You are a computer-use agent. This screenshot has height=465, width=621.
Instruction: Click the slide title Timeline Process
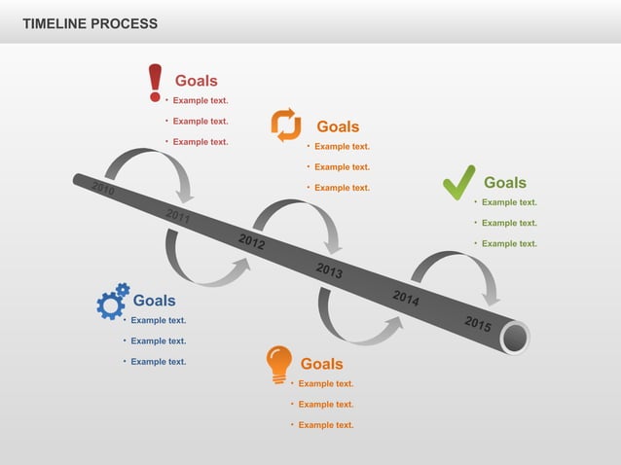click(90, 23)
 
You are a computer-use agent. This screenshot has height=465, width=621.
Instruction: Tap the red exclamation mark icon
click(155, 83)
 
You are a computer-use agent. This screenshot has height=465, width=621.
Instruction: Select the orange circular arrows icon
click(286, 125)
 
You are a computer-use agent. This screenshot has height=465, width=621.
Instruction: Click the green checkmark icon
click(458, 183)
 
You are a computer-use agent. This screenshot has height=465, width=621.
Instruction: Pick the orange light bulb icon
click(279, 365)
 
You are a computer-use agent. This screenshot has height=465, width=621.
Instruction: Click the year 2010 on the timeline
click(104, 189)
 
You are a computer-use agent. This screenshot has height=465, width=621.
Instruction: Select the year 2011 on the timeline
click(178, 216)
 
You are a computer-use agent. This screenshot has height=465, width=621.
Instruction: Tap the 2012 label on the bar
click(252, 242)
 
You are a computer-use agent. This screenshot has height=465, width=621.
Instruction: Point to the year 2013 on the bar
click(329, 270)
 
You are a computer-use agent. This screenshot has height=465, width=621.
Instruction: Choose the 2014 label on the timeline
click(406, 298)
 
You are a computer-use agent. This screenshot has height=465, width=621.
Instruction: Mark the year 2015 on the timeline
click(477, 324)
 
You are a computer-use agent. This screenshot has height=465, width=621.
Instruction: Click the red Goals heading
click(196, 81)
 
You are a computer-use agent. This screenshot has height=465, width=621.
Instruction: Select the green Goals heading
click(505, 183)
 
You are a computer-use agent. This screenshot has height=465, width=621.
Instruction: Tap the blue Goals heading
click(154, 301)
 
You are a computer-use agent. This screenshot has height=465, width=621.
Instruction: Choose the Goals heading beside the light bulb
click(321, 364)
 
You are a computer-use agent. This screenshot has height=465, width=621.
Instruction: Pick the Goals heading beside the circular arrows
click(338, 126)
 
